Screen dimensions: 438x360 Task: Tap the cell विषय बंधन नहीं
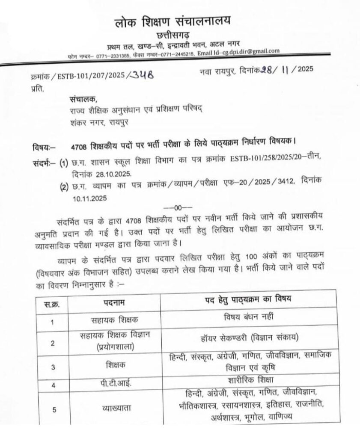(245, 319)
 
